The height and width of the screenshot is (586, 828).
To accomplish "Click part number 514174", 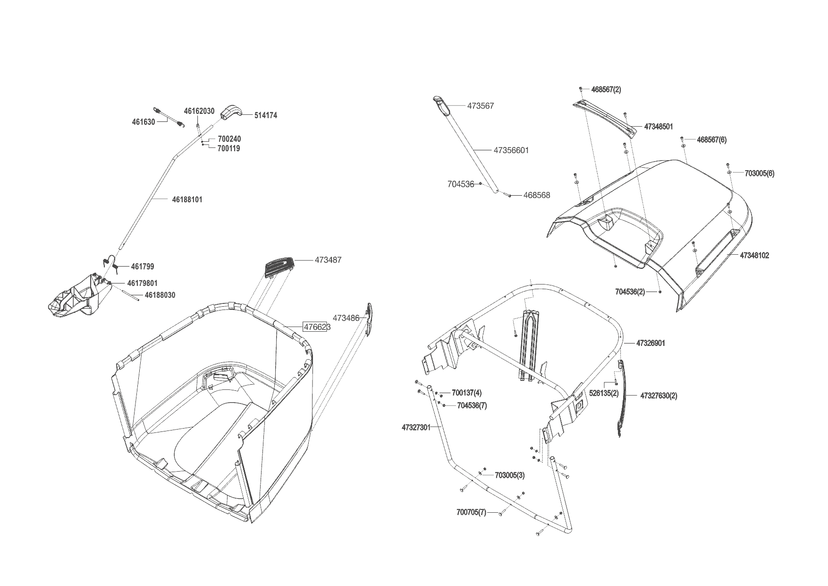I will (265, 115).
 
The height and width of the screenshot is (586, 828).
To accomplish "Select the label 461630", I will (144, 122).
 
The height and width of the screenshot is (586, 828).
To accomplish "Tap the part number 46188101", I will (187, 199).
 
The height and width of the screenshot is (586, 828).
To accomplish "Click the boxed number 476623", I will (316, 327).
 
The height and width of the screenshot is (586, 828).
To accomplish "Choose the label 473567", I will (481, 106).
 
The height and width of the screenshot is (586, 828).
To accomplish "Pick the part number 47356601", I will (511, 150).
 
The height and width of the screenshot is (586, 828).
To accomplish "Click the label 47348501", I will (659, 127).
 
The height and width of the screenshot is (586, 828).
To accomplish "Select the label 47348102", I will (754, 255).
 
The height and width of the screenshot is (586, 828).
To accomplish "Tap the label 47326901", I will (651, 343).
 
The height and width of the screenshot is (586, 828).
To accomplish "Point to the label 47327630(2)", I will (659, 396).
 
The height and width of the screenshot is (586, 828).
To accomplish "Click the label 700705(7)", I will (471, 512).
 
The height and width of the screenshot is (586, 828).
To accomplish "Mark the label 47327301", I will (416, 427).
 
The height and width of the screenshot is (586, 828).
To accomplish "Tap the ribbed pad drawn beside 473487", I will (279, 267).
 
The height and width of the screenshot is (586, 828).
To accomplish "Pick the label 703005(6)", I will (759, 173).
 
